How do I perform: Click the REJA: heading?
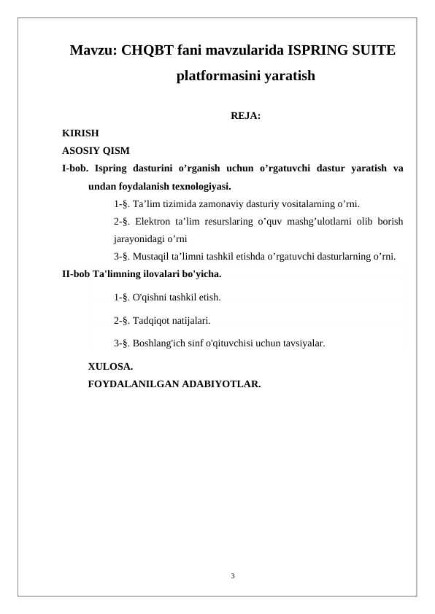pyautogui.click(x=246, y=116)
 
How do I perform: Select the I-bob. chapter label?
pyautogui.click(x=74, y=168)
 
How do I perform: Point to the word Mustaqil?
pyautogui.click(x=152, y=256)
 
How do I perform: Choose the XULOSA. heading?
pyautogui.click(x=110, y=366)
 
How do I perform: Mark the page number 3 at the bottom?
pyautogui.click(x=232, y=577)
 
